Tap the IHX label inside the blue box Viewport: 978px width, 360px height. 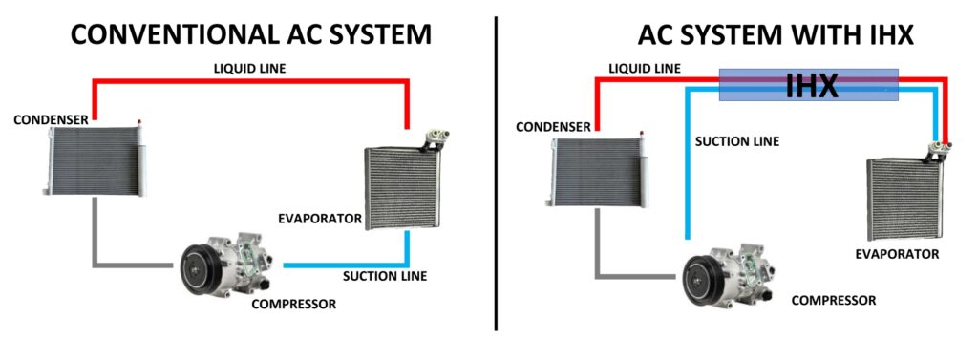tap(811, 86)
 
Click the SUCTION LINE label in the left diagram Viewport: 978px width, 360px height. tap(385, 277)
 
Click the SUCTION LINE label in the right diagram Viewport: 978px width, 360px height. tap(736, 141)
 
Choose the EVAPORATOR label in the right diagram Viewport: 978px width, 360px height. tap(897, 254)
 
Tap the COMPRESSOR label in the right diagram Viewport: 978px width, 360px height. tap(833, 300)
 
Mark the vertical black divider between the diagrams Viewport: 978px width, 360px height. tap(496, 172)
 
